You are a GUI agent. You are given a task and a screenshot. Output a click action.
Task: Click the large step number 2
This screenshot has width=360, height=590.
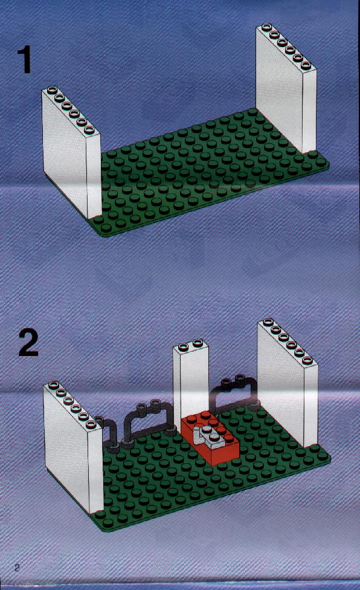(28, 342)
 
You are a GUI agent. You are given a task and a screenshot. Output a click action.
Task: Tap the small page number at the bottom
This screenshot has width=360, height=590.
(17, 568)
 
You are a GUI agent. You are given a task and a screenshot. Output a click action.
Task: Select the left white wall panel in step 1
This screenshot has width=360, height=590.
(71, 153)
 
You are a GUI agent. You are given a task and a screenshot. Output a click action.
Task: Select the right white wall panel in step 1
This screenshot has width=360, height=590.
(286, 89)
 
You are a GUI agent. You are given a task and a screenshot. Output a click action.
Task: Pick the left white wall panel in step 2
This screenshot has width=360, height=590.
(72, 448)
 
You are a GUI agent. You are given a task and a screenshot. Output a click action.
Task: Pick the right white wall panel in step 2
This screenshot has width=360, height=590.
(288, 383)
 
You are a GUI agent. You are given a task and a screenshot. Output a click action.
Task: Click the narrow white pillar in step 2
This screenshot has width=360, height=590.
(190, 380)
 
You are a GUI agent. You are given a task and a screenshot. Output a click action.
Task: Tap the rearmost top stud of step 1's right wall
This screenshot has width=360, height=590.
(266, 27)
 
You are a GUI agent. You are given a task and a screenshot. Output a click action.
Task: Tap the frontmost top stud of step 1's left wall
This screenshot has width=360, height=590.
(89, 130)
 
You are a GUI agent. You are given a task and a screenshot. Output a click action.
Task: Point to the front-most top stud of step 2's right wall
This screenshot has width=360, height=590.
(308, 360)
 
